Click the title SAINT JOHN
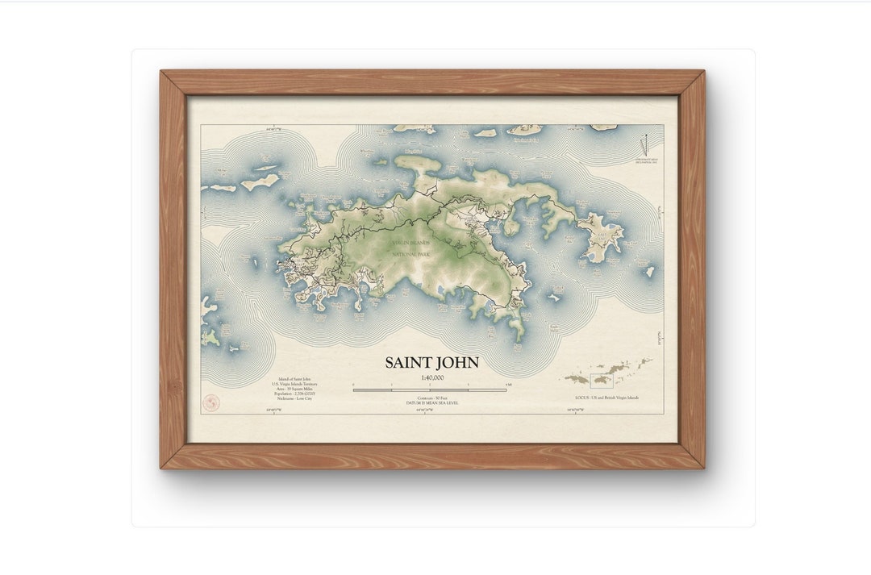tap(431, 363)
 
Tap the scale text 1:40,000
tap(431, 377)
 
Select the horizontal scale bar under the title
tap(430, 390)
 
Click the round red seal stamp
tap(210, 402)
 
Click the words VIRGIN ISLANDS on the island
tap(410, 242)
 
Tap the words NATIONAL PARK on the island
tap(410, 255)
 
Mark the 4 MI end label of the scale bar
tap(507, 385)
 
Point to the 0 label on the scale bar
tap(353, 385)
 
